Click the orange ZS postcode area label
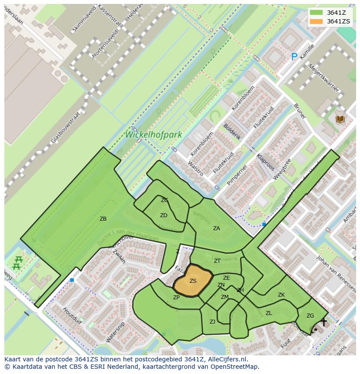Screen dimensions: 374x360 tap(193, 281)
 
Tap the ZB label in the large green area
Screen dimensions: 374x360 tap(103, 219)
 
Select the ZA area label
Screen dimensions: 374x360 tap(216, 228)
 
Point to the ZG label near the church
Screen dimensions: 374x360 tap(310, 316)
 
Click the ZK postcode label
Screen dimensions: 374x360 tap(281, 295)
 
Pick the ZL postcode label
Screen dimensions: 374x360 tap(269, 313)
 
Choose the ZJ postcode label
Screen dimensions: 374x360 tap(213, 322)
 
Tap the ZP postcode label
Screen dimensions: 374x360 tap(176, 298)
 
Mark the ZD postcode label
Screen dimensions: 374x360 tap(163, 215)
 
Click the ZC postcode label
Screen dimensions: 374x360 tap(164, 200)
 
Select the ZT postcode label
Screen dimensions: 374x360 tap(217, 261)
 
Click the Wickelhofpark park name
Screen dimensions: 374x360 tap(153, 135)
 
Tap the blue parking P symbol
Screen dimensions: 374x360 tap(294, 56)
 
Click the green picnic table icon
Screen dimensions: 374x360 tap(17, 263)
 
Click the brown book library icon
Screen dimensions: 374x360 tap(340, 119)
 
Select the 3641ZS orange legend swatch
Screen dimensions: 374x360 tap(317, 21)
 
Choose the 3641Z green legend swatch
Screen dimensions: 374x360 tap(317, 13)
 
